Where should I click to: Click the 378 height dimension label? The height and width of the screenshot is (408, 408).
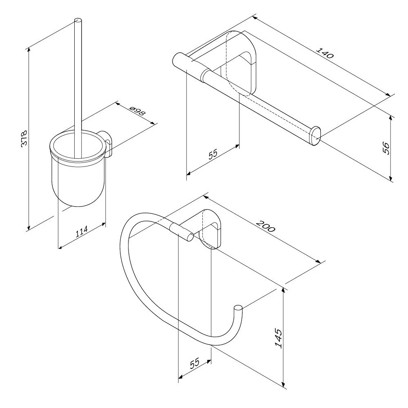point(24,138)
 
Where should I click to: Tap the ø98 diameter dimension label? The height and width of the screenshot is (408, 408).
point(137,111)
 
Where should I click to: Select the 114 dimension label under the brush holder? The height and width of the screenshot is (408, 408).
point(82,232)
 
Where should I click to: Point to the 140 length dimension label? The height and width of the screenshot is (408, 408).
point(324,53)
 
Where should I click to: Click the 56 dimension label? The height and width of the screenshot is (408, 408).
point(387,148)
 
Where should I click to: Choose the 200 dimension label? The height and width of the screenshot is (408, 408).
point(265,226)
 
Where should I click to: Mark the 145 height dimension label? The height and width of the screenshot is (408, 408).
point(278,338)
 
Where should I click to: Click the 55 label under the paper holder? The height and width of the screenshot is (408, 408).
point(213,154)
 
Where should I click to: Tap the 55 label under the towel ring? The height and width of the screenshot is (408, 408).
point(195,363)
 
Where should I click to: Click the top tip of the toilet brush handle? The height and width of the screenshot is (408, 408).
point(78,20)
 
